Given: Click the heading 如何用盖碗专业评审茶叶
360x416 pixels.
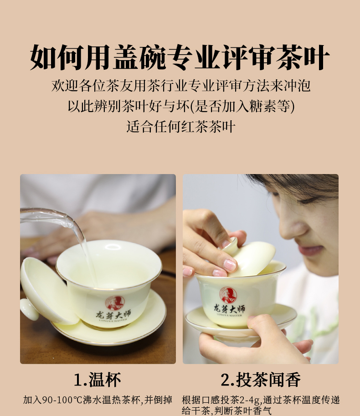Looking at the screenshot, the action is (180, 57).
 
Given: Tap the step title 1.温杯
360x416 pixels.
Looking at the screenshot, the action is (98, 380).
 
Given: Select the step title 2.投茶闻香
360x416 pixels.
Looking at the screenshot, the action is (261, 380).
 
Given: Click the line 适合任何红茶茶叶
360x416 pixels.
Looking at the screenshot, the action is (180, 127).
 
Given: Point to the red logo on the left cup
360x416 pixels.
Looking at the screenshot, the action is (115, 303).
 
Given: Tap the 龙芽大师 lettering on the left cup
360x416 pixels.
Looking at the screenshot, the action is (113, 315).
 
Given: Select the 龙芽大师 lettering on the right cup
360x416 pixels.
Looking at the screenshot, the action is (229, 308).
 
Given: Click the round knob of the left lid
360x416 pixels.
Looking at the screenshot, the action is (29, 309).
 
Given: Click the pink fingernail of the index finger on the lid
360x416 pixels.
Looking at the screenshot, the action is (230, 265).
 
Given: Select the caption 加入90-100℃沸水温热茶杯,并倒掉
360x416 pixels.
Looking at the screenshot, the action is (98, 400).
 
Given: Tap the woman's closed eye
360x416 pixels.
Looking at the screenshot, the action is (309, 200).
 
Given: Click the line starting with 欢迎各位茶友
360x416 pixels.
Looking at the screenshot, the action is (181, 86).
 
